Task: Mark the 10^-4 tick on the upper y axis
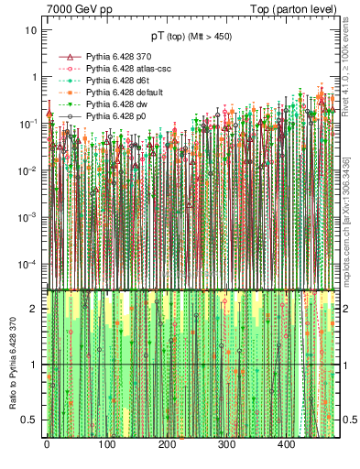28,265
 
